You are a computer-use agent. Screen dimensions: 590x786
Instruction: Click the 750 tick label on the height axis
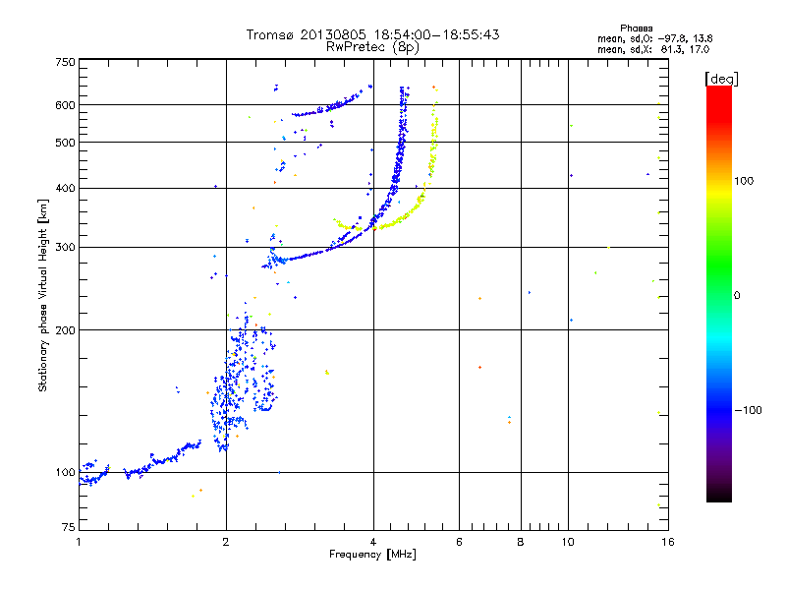click(66, 62)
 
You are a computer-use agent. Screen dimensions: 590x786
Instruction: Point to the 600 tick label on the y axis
click(66, 105)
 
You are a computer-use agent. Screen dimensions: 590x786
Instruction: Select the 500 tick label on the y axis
click(66, 143)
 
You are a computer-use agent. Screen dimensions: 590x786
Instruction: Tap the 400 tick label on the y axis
click(66, 188)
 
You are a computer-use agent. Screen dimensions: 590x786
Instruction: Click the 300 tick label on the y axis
click(66, 247)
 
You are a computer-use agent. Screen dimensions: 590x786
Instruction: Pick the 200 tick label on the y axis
click(66, 329)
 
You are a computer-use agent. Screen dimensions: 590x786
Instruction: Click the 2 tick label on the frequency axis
click(226, 542)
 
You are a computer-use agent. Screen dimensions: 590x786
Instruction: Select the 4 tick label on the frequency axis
click(373, 542)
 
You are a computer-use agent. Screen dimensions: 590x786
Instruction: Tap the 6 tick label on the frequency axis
click(460, 542)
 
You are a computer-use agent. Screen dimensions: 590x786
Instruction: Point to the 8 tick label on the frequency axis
click(521, 542)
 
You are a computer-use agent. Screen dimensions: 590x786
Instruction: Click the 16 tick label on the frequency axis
click(667, 542)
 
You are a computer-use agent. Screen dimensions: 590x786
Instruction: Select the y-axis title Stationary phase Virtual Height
click(43, 295)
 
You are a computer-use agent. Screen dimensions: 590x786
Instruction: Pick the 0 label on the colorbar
click(738, 295)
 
